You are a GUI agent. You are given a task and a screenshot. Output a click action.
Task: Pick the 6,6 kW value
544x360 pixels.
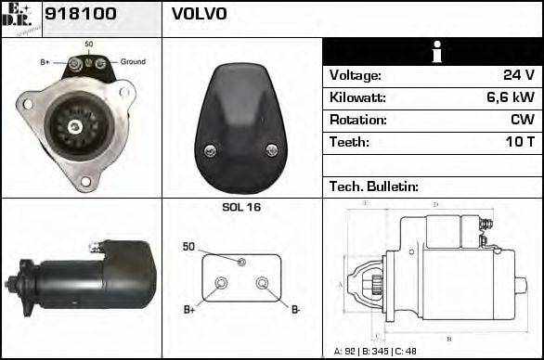(510, 97)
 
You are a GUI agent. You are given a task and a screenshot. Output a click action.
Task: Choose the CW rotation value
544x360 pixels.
(522, 120)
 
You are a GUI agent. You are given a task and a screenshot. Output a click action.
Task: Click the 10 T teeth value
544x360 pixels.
(518, 142)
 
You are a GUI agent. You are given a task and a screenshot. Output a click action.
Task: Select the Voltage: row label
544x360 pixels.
(356, 75)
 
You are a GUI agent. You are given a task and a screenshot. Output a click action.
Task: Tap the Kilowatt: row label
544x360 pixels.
(358, 97)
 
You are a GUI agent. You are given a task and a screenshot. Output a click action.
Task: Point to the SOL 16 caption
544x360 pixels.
(241, 207)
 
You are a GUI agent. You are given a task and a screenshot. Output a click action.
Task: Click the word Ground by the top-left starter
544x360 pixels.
(133, 61)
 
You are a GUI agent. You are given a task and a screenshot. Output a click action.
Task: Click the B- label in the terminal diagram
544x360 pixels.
(296, 308)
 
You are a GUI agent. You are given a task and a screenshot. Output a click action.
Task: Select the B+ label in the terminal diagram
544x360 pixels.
(189, 308)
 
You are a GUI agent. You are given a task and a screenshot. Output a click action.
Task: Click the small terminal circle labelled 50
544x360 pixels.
(241, 262)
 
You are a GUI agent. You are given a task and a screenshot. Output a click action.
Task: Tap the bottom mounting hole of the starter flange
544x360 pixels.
(85, 180)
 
